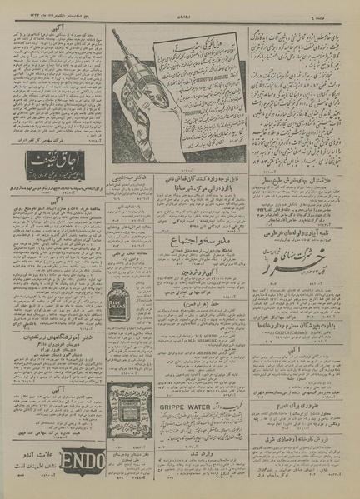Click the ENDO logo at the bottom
point(84,460)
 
